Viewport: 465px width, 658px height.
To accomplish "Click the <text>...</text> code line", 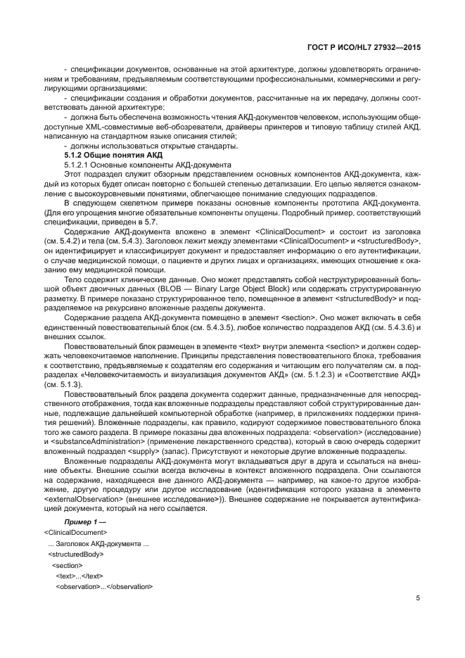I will click(75, 575).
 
